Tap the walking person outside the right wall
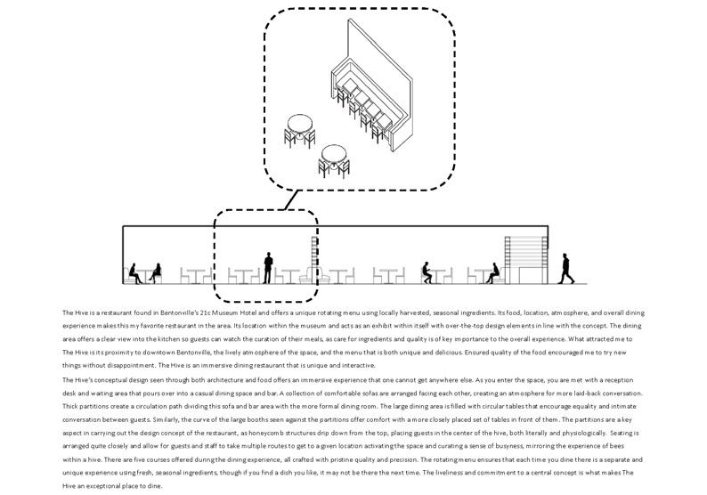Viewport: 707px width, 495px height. pos(565,268)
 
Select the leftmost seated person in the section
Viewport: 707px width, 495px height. pos(136,272)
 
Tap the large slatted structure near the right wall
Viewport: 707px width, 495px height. pos(522,259)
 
